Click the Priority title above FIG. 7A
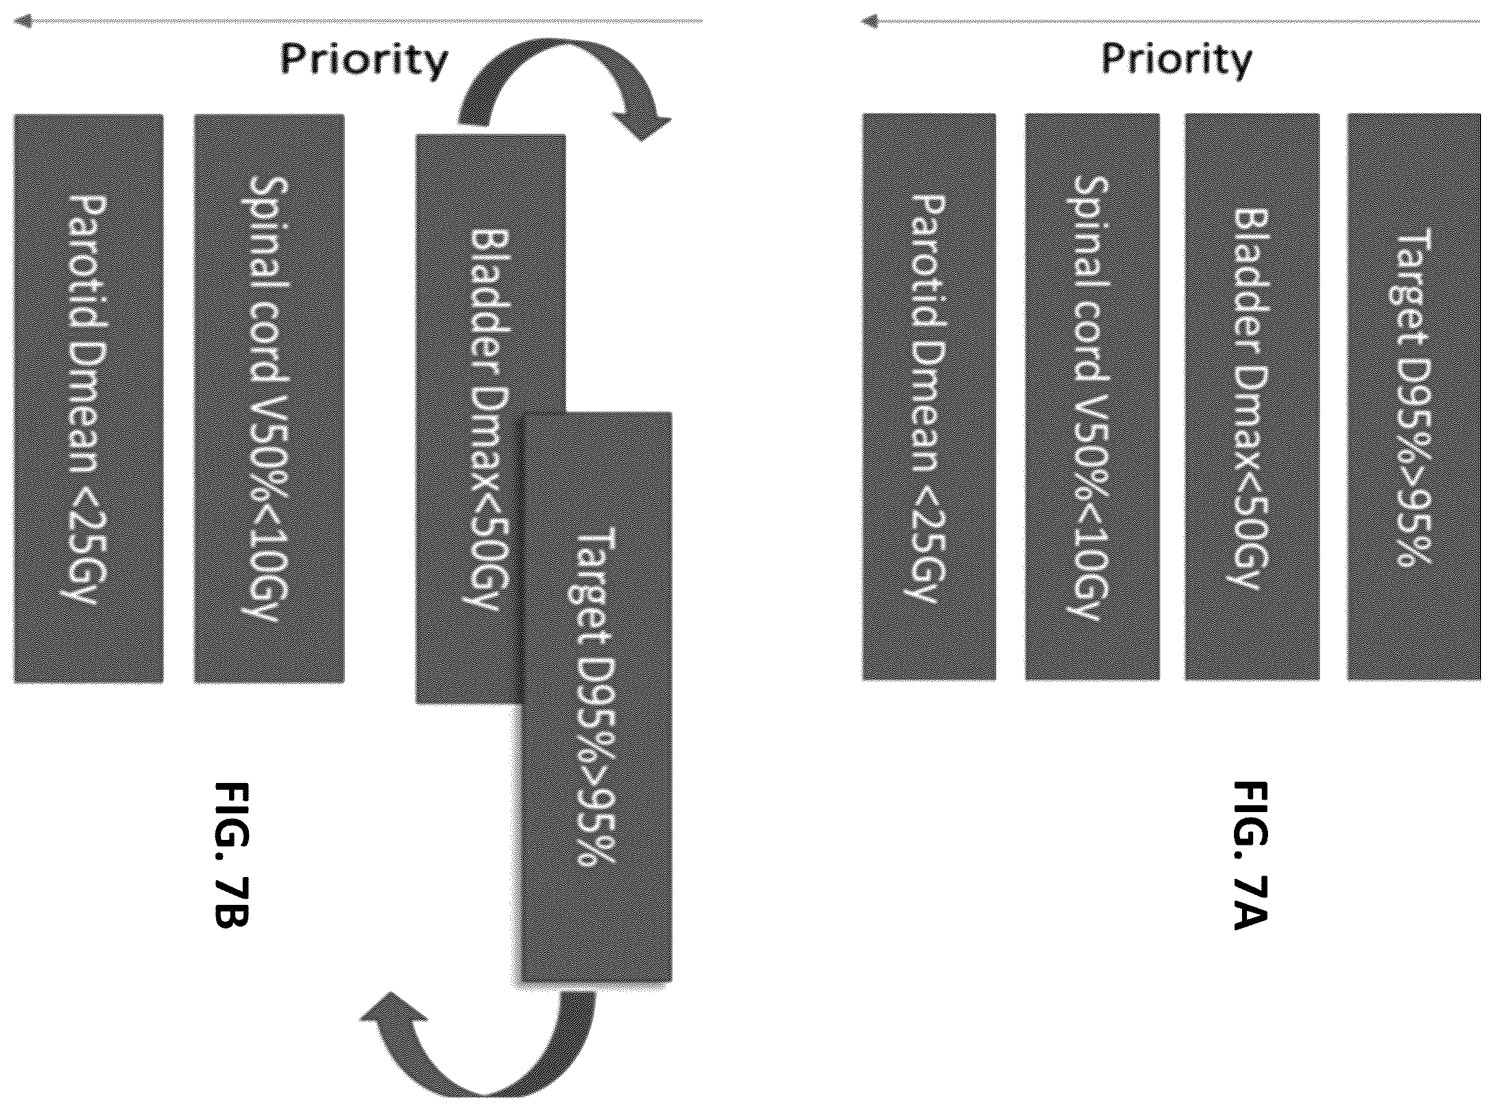pyautogui.click(x=1176, y=61)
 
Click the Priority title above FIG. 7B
pyautogui.click(x=364, y=61)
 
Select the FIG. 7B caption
pyautogui.click(x=231, y=855)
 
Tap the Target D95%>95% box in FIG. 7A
pyautogui.click(x=1414, y=397)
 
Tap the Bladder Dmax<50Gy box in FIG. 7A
pyautogui.click(x=1252, y=397)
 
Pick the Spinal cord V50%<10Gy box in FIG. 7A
pyautogui.click(x=1092, y=397)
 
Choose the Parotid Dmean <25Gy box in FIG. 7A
pyautogui.click(x=929, y=397)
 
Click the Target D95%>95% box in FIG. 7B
pyautogui.click(x=597, y=698)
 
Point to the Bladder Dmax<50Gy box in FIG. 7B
pyautogui.click(x=490, y=419)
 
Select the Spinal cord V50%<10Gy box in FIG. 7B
pyautogui.click(x=269, y=398)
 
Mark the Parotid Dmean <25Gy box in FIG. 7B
pyautogui.click(x=88, y=398)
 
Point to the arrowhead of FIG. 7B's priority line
pyautogui.click(x=22, y=22)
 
